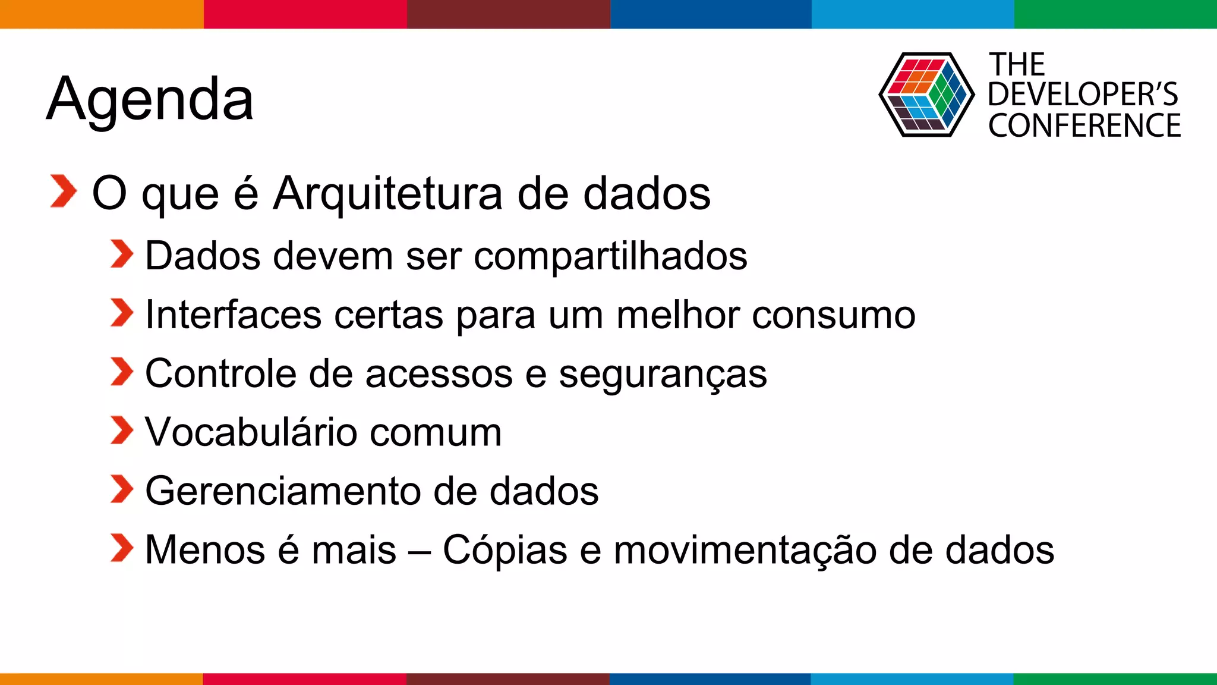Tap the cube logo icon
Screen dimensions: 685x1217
click(926, 95)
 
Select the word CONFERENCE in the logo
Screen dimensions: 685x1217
click(1084, 126)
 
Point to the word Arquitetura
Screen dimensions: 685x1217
click(387, 194)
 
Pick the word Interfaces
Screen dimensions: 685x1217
click(234, 315)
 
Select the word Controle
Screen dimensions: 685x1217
click(220, 373)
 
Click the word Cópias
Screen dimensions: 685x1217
click(505, 551)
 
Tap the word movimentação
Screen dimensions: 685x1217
click(745, 551)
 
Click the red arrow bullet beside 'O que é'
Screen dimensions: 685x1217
click(64, 191)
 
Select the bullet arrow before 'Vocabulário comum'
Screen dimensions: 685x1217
click(122, 431)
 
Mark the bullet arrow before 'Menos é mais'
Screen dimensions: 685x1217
click(122, 548)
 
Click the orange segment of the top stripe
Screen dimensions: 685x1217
click(102, 14)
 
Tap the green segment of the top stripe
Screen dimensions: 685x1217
click(1115, 14)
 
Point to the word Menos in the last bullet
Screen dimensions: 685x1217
click(205, 550)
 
